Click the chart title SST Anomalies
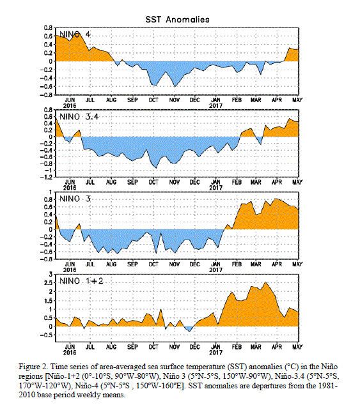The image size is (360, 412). click(x=178, y=19)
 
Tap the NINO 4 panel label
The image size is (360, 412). click(x=75, y=34)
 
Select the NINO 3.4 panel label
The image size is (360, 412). click(x=79, y=116)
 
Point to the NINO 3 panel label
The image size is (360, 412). click(x=75, y=199)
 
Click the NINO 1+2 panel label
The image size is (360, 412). click(x=81, y=281)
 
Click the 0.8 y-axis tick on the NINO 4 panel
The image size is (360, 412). click(x=48, y=28)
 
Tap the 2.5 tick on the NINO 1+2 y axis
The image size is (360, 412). click(x=48, y=283)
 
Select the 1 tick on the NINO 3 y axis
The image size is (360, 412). click(x=51, y=192)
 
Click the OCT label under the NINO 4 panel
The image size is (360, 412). click(x=153, y=100)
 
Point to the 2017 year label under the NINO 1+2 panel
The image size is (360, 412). click(x=215, y=353)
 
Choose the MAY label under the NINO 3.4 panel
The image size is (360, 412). click(x=297, y=182)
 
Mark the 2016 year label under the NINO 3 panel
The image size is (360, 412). click(x=70, y=270)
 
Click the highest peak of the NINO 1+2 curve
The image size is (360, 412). click(x=266, y=282)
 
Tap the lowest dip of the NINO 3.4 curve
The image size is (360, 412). click(x=156, y=168)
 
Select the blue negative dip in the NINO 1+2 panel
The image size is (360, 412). click(x=189, y=329)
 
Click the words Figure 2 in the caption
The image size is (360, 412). click(x=33, y=367)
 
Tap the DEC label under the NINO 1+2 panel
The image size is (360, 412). click(x=194, y=347)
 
